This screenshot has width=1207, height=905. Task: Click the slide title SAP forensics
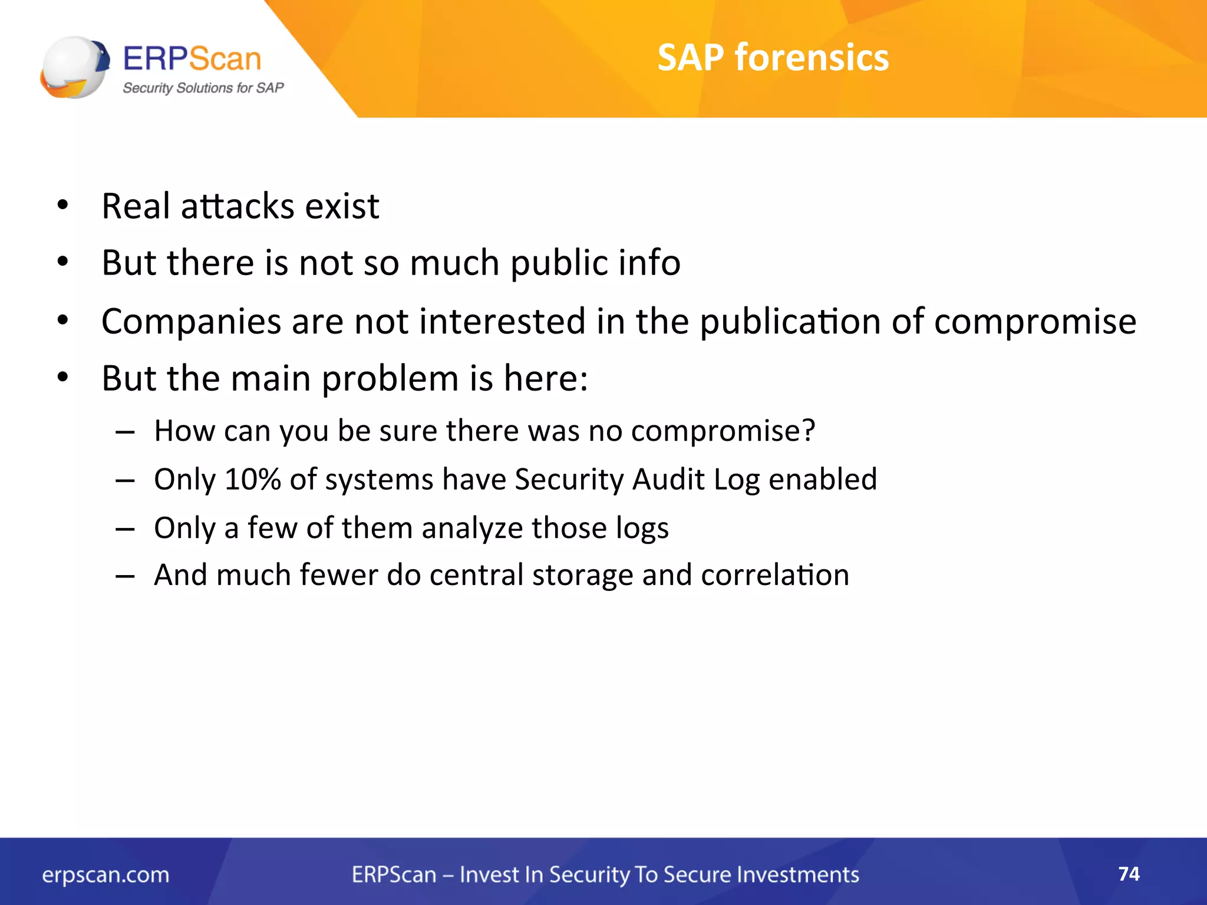click(773, 58)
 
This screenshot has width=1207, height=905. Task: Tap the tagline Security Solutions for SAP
click(203, 88)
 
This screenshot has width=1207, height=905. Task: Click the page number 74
click(1129, 873)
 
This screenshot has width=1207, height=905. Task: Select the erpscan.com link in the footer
click(105, 875)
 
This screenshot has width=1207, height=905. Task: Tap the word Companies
click(191, 322)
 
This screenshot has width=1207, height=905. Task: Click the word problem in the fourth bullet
click(390, 378)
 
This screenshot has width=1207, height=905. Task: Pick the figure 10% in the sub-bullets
click(252, 479)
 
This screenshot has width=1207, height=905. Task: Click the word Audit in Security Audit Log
click(668, 479)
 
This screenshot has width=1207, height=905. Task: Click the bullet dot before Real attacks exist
click(63, 206)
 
